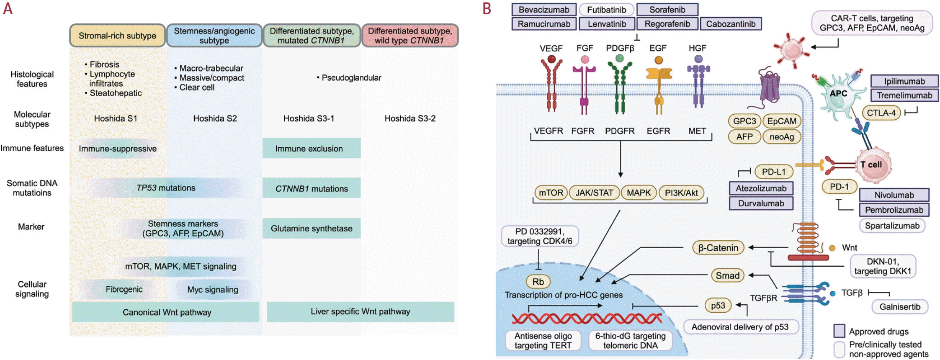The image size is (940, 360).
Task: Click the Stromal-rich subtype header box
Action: point(117,36)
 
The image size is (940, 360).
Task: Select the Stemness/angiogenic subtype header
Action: point(214,36)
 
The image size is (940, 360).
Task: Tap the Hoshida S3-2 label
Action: point(410,118)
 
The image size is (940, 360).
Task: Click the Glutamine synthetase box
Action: point(312,229)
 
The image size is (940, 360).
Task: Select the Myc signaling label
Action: point(213,290)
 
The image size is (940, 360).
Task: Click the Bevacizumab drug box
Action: point(544,10)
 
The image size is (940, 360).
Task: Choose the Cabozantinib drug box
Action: point(731,24)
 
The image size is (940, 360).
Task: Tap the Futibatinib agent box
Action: point(607,10)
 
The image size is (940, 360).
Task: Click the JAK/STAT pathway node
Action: point(594,193)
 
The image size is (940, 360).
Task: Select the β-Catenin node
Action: point(718,248)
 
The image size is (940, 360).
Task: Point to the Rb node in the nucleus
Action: point(538,282)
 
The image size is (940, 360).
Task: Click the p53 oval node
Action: point(718,306)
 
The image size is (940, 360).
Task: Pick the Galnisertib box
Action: point(900,307)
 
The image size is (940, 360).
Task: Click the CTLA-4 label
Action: point(881,113)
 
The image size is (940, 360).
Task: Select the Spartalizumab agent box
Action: point(892,226)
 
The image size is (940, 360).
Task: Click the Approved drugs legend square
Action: point(839,331)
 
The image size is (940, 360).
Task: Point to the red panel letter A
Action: point(8,9)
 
